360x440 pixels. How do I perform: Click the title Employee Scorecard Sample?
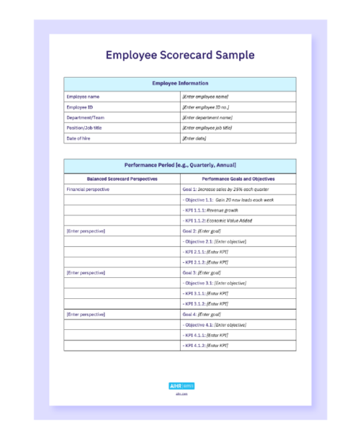(x=180, y=55)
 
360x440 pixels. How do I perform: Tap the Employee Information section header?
(x=180, y=83)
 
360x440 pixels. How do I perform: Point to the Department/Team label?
(x=85, y=117)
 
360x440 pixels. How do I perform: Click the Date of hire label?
(x=78, y=138)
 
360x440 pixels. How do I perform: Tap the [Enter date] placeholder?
(x=194, y=138)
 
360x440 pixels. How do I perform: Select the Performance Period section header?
(x=180, y=165)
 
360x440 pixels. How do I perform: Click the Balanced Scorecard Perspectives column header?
(x=122, y=179)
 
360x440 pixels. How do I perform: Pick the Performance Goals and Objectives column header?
(x=238, y=179)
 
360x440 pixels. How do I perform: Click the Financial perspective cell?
(x=88, y=190)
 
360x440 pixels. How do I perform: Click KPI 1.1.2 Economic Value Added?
(x=218, y=221)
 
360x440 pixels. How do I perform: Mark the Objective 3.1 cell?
(x=215, y=283)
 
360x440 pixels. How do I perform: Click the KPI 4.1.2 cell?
(x=205, y=346)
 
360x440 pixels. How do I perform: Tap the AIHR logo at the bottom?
(x=181, y=386)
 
